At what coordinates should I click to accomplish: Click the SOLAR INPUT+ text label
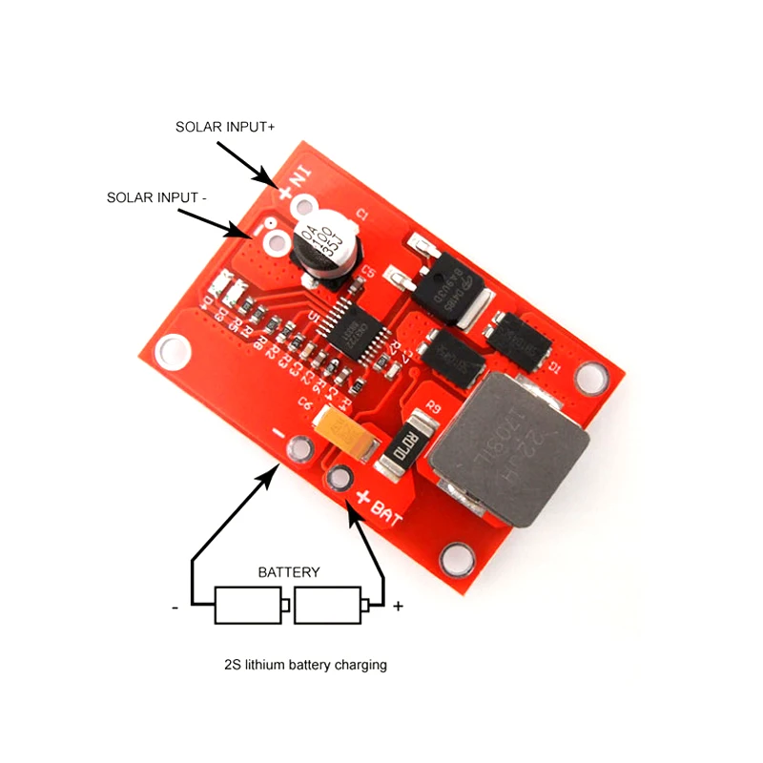click(x=225, y=127)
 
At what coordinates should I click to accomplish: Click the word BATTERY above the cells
click(x=289, y=572)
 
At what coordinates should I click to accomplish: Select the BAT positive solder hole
click(x=338, y=477)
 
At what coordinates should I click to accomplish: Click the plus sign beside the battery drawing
click(x=398, y=606)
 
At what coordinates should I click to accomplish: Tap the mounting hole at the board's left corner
click(x=172, y=350)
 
